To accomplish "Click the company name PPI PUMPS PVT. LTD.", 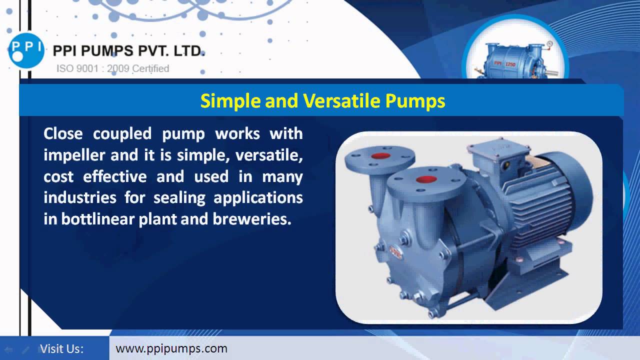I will [128, 51].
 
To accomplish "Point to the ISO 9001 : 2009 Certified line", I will [112, 68].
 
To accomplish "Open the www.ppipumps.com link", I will [171, 348].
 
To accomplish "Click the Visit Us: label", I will [61, 348].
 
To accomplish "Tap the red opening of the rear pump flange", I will [381, 155].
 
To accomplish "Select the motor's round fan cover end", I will [575, 195].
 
